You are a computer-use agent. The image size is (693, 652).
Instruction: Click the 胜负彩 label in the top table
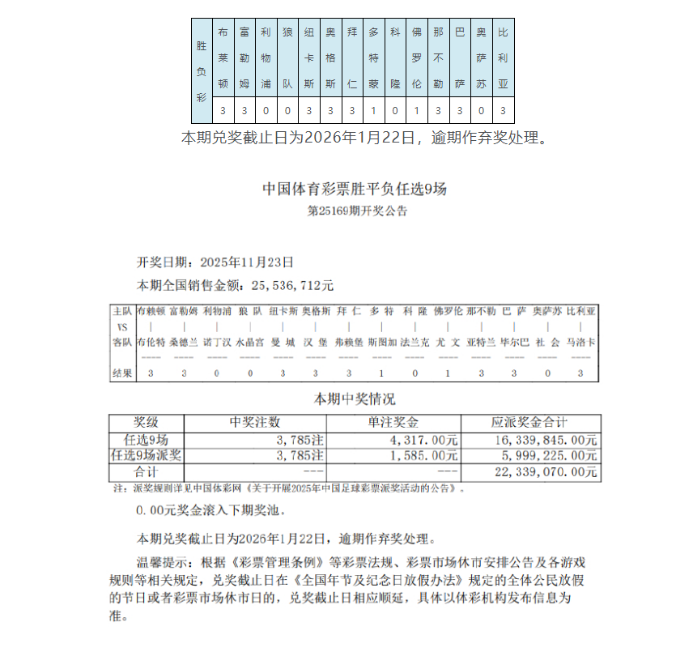(202, 71)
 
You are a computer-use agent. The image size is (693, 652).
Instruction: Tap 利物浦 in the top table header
(266, 59)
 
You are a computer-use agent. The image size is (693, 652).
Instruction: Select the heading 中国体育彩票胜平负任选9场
(355, 190)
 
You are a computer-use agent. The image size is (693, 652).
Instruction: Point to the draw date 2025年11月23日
(245, 262)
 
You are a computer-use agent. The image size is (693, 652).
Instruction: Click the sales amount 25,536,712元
(292, 285)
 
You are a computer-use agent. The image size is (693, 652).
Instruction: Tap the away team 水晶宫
(249, 342)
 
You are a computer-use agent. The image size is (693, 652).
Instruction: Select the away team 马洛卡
(580, 342)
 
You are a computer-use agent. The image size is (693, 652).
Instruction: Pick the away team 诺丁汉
(216, 342)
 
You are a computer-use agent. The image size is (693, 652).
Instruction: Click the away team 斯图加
(381, 342)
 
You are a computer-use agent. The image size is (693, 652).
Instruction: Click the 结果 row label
(122, 373)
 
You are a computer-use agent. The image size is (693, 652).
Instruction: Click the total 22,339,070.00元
(544, 472)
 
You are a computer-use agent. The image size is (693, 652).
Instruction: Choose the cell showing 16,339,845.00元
(544, 440)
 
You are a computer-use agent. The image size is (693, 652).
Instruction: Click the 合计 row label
(146, 472)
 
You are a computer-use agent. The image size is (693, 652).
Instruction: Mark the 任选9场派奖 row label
(146, 456)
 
